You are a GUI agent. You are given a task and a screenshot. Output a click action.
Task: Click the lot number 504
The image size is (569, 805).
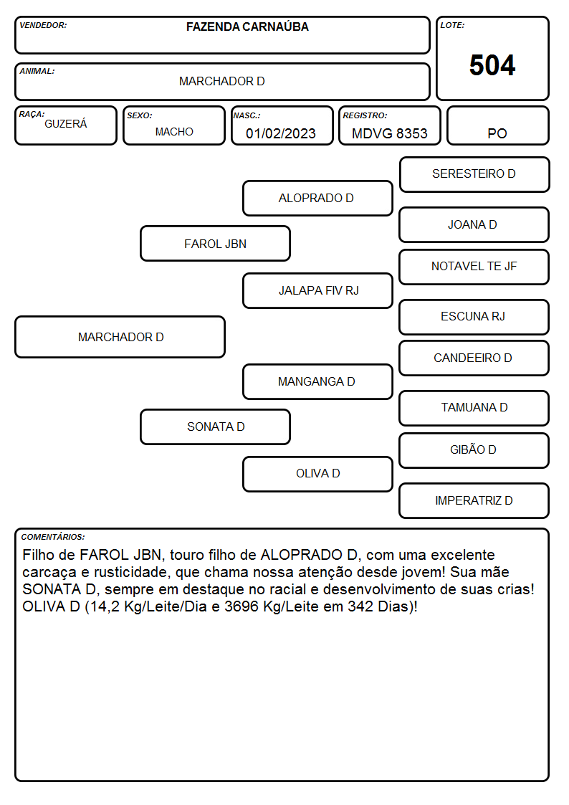coord(492,65)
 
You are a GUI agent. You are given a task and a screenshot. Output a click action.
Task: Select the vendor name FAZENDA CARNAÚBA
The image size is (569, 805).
coord(247,27)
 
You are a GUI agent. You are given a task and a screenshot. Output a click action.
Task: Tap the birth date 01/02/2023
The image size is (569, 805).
coord(281,133)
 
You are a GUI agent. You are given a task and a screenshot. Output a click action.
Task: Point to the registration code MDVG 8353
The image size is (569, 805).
coord(389,133)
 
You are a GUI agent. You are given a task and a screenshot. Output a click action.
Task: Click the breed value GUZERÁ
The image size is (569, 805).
coord(66,124)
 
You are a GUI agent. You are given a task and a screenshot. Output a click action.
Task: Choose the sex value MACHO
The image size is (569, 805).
coord(174,132)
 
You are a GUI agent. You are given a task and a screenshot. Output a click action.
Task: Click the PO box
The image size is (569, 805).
coord(497,125)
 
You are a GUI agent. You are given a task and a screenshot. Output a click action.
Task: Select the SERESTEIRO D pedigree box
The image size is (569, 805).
coord(474,175)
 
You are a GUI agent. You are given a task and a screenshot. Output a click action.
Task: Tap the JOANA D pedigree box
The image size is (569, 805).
coord(474,225)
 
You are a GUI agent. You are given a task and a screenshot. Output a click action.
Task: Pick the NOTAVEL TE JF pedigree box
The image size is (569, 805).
coord(474,267)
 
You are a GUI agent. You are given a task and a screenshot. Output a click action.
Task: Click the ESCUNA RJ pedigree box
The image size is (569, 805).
coord(474,318)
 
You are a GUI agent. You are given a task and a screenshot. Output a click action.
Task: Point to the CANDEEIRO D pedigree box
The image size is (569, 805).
coord(474,358)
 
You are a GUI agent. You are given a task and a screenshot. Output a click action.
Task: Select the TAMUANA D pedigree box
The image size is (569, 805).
coord(474,408)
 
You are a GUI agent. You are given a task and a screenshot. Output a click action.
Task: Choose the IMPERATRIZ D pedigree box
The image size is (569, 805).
coord(474,500)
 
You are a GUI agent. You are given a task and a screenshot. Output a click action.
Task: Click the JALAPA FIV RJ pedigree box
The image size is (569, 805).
coord(317,290)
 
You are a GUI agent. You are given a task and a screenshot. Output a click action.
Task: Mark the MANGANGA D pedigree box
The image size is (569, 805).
coord(317,381)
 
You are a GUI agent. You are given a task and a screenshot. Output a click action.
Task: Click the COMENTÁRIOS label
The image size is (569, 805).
coord(53,537)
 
